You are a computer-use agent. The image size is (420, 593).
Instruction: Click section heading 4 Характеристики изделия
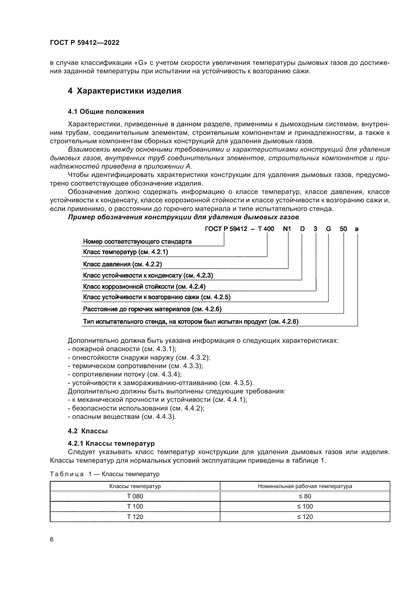tap(124, 91)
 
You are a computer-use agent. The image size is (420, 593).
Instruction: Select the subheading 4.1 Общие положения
tap(106, 112)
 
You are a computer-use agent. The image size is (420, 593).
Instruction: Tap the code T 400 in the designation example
tap(266, 229)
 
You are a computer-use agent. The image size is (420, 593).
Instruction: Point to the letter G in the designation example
tap(328, 229)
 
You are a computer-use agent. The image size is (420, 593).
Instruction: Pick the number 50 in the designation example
tap(343, 229)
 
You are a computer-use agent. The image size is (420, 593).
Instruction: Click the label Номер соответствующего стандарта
tap(137, 242)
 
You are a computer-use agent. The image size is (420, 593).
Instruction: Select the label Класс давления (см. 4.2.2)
tap(122, 264)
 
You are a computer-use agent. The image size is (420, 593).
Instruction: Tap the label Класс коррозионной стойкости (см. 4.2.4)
tap(144, 286)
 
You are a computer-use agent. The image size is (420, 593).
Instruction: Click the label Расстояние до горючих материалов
tap(152, 309)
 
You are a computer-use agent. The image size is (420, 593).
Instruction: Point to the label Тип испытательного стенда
tap(191, 322)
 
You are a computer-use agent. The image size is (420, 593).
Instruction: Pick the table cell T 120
tap(135, 517)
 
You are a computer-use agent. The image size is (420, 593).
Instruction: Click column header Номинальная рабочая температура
tap(305, 486)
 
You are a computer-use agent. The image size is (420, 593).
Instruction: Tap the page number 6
tap(52, 540)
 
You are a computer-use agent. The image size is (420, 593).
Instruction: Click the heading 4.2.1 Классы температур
tap(111, 443)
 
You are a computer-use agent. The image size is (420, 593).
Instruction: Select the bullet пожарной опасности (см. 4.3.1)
tap(122, 349)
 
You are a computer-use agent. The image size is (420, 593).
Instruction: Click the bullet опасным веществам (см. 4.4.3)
tap(122, 417)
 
